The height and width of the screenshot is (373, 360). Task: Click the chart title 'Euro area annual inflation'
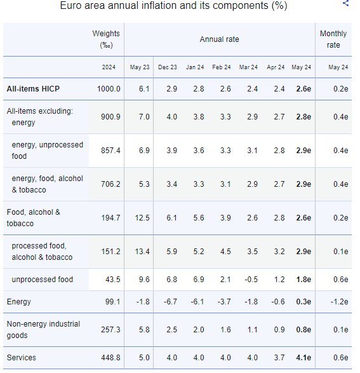[x=173, y=6]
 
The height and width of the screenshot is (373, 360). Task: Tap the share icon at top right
[x=345, y=3]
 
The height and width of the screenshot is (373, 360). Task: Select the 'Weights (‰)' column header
[x=106, y=39]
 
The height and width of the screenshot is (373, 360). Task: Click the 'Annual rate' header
[x=219, y=39]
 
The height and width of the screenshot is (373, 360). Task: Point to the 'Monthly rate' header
[x=333, y=39]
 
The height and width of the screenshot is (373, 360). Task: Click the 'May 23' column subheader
[x=139, y=67]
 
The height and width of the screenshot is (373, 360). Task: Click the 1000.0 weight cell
[x=109, y=88]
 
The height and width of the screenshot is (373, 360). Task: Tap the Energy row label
[x=18, y=302]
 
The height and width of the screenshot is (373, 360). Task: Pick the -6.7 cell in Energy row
[x=168, y=302]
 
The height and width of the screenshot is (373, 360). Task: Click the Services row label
[x=21, y=358]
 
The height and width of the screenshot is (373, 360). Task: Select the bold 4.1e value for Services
[x=303, y=358]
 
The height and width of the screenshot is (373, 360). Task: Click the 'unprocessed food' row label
[x=42, y=280]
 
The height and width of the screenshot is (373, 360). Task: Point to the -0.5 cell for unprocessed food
[x=248, y=280]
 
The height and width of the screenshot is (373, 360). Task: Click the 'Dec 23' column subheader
[x=168, y=67]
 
